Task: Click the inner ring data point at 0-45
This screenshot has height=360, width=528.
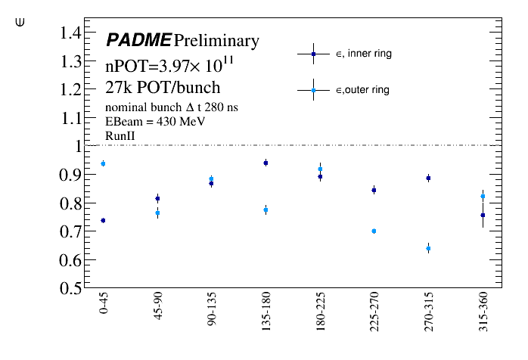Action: (103, 221)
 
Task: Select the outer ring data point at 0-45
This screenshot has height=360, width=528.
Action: (103, 163)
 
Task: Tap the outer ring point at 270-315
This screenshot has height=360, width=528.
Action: (428, 248)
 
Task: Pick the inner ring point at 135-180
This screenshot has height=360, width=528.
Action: (266, 163)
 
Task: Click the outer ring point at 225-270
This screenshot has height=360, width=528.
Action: (374, 231)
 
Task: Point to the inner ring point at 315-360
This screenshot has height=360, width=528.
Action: (483, 216)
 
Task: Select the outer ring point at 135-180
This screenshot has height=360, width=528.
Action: (266, 209)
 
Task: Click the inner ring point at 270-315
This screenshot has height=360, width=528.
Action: (428, 178)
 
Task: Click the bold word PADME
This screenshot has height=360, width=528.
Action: (138, 40)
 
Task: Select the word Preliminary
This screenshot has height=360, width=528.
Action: (216, 41)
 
